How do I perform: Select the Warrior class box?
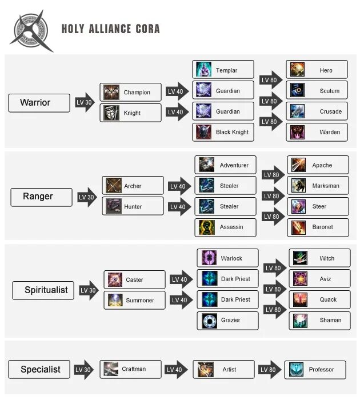39,103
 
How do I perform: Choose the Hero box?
317,70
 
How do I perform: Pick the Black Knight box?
223,132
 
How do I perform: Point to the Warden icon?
297,132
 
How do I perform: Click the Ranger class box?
41,197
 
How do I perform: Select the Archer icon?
114,186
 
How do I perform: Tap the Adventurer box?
225,165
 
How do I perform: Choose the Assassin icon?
206,227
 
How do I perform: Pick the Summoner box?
134,300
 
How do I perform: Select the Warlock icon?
209,258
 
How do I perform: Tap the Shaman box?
319,320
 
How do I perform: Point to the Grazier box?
227,320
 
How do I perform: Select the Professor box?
315,369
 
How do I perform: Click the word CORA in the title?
147,29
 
